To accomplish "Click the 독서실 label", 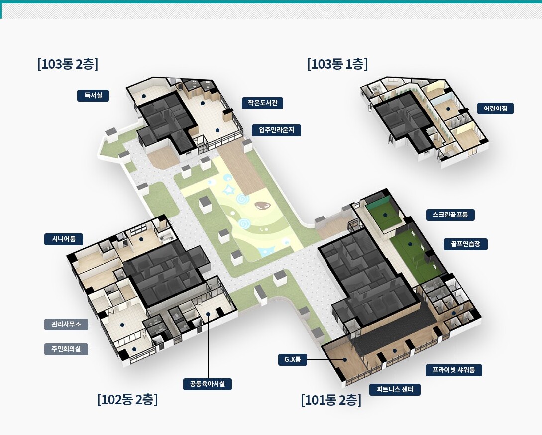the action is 93,96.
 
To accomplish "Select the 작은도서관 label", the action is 262,103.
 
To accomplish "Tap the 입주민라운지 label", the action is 276,130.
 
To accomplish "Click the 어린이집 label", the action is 495,109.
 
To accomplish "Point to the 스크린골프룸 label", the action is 450,215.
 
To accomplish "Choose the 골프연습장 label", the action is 465,244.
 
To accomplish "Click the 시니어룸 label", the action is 64,239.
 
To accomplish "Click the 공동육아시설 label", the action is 208,384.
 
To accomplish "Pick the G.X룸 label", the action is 293,359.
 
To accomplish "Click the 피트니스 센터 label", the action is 395,389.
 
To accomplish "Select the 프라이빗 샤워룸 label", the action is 454,370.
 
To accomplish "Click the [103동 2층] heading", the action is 68,64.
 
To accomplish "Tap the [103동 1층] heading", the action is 337,64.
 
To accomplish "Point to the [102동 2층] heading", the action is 127,399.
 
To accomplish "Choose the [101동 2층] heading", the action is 331,400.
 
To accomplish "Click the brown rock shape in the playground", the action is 262,205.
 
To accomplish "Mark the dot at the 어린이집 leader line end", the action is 448,109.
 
